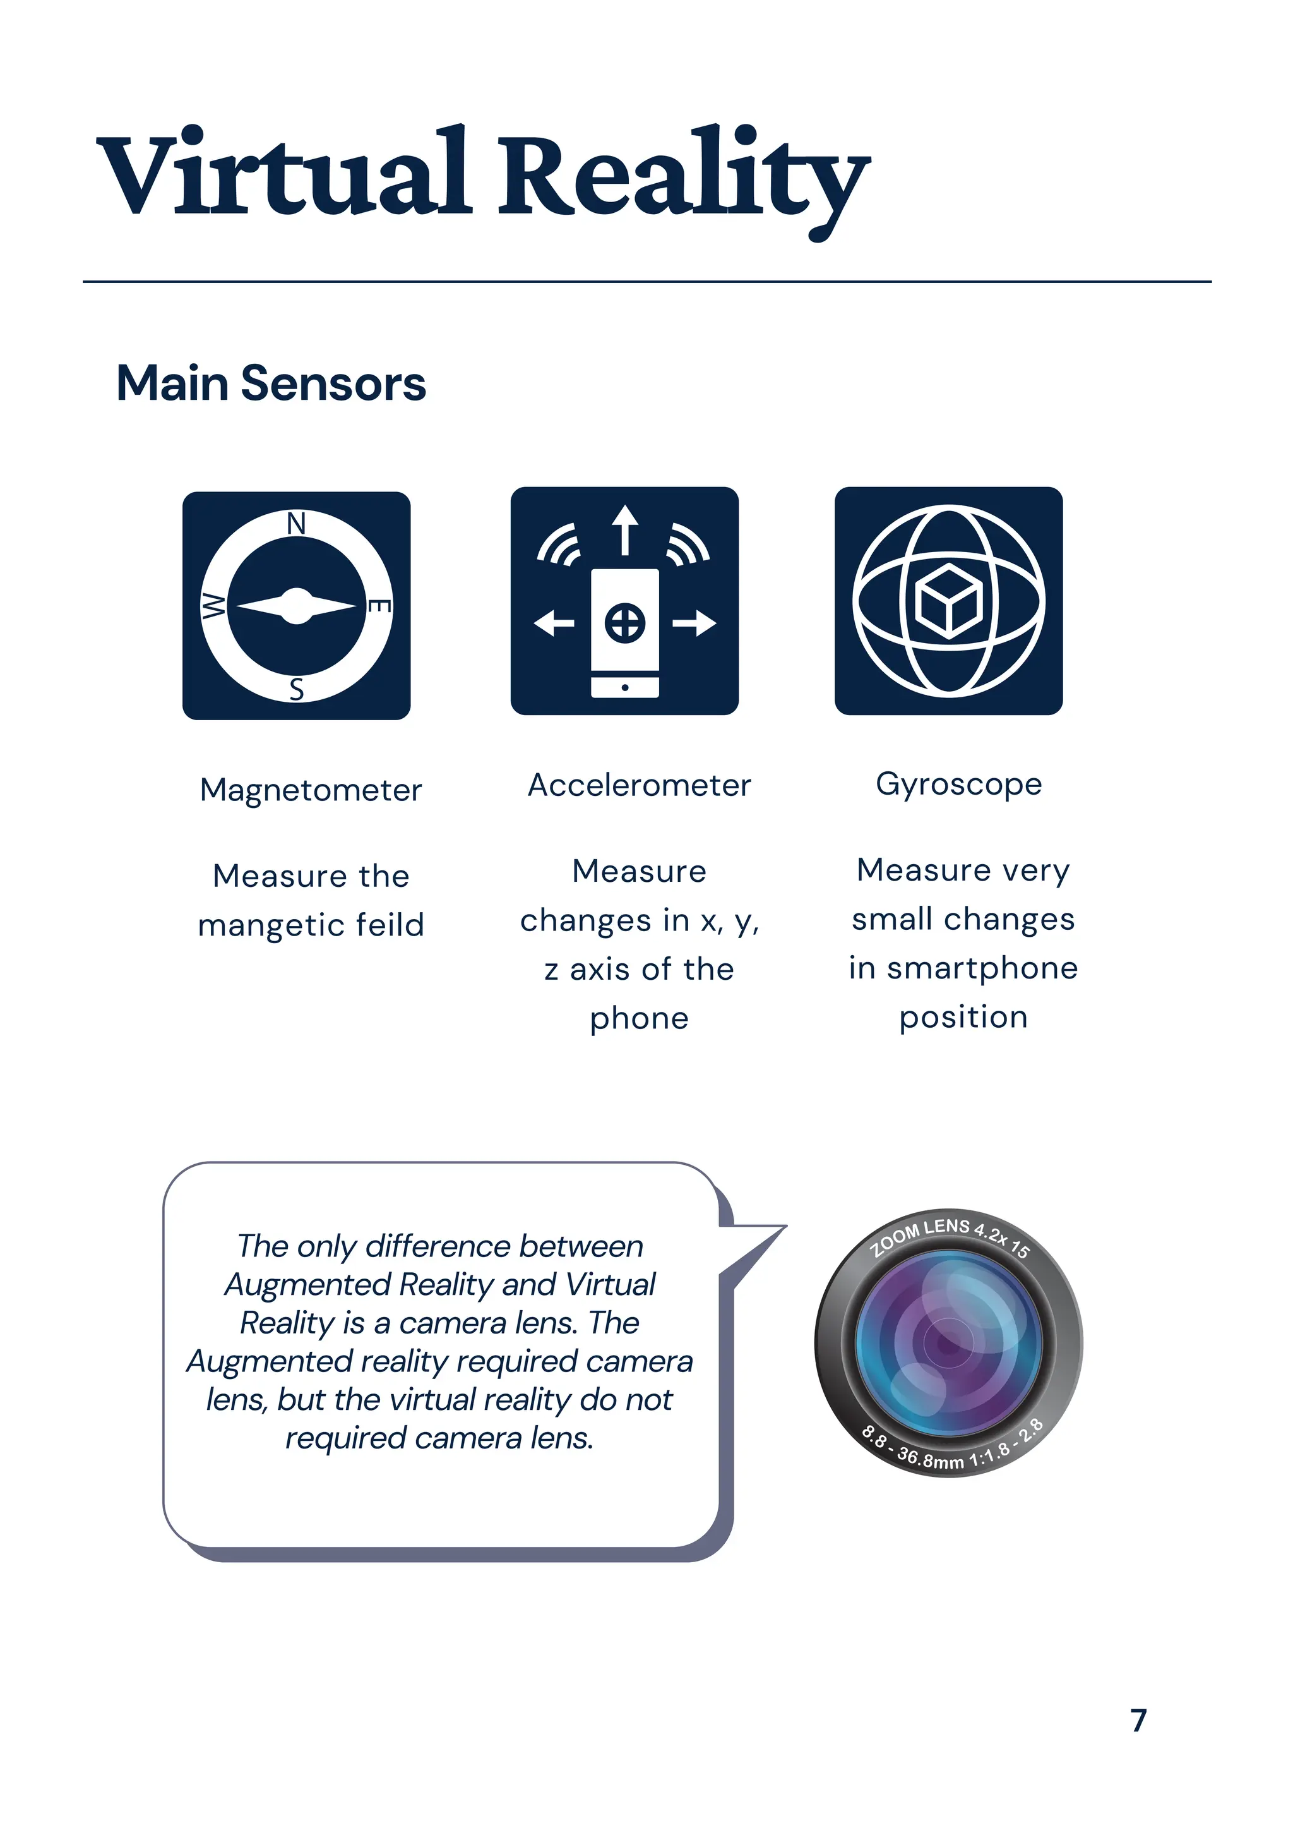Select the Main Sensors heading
pos(271,383)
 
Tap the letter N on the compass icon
pos(296,524)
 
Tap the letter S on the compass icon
pos(296,689)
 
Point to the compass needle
pos(296,606)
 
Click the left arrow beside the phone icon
pos(554,622)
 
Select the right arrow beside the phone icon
pos(694,622)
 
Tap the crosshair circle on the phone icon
pos(626,622)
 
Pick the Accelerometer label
pos(639,786)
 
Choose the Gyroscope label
pos(958,785)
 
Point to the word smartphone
pos(982,968)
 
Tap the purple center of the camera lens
pos(948,1344)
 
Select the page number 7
pos(1139,1720)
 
